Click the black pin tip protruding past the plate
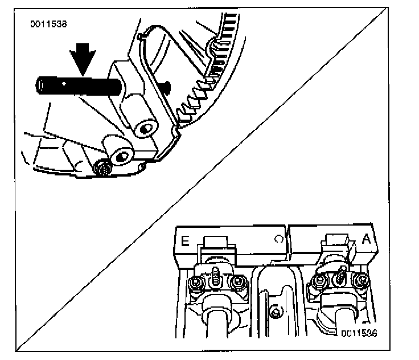click(x=166, y=87)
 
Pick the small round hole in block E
click(x=277, y=239)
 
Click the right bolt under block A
click(x=359, y=280)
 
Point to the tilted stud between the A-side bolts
click(x=340, y=275)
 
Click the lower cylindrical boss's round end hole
click(x=121, y=154)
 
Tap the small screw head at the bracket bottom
click(x=104, y=168)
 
